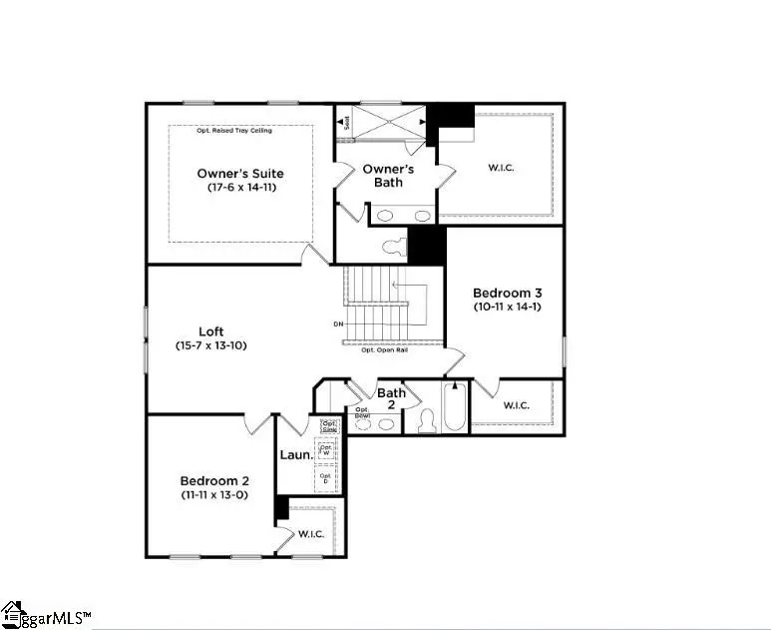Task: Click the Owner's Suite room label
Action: point(239,173)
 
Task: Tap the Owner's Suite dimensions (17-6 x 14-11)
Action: point(239,188)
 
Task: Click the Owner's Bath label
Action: point(388,176)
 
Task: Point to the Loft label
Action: point(210,331)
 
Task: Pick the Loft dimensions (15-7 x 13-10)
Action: point(210,346)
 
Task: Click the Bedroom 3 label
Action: point(507,293)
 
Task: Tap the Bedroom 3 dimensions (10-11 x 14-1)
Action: point(507,308)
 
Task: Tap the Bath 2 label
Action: point(391,399)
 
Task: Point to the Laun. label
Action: point(294,455)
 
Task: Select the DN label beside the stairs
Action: point(338,324)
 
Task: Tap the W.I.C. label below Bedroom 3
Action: point(516,405)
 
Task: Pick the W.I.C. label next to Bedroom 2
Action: point(310,534)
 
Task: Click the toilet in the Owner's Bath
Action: point(393,243)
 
